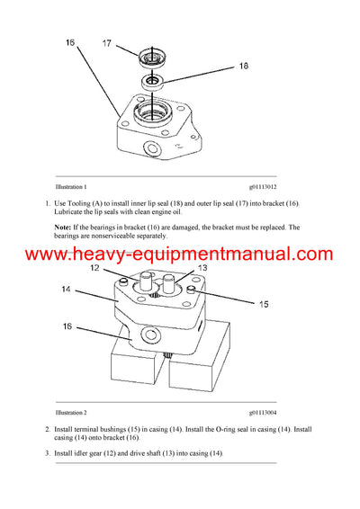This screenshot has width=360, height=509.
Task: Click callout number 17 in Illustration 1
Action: [105, 42]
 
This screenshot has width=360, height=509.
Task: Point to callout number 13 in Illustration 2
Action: [202, 269]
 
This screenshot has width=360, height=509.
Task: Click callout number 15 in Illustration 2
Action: [263, 305]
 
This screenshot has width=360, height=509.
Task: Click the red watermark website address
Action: [179, 255]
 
